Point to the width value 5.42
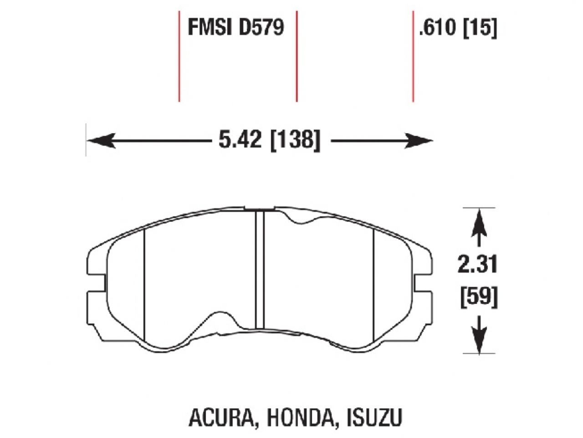click(240, 140)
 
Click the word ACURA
click(221, 418)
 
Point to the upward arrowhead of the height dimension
click(479, 219)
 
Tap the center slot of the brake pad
click(260, 269)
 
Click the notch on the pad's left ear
click(97, 283)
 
